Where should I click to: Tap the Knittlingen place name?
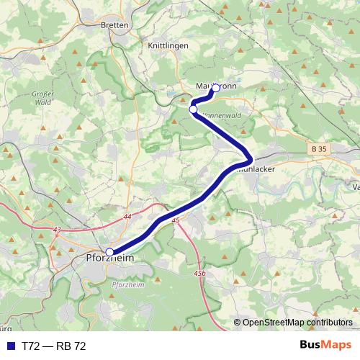point(167,45)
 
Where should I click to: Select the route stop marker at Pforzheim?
point(109,252)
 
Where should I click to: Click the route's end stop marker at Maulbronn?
point(215,88)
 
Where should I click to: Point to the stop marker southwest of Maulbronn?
point(193,109)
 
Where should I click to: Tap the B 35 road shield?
point(320,149)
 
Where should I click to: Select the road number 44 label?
point(127,217)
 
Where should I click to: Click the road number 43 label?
point(57,230)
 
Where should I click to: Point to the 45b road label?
point(199,274)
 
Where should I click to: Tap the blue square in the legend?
point(10,346)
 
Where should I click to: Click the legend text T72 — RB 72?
point(54,346)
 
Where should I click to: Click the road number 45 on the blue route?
point(176,221)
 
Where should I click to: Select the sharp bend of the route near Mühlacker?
point(249,158)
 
